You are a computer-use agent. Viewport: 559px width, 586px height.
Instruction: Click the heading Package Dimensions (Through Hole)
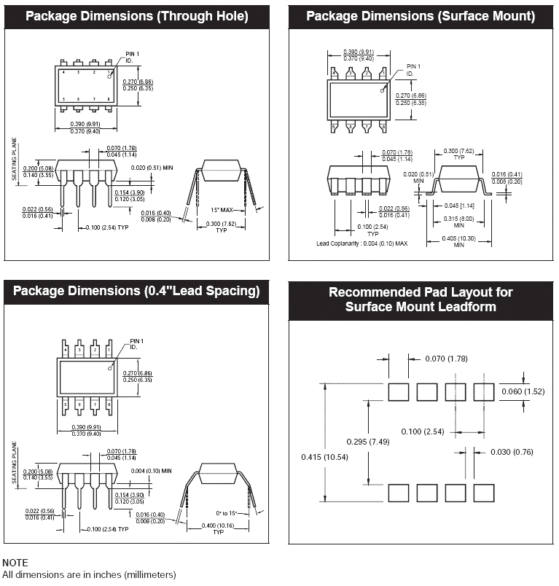(137, 16)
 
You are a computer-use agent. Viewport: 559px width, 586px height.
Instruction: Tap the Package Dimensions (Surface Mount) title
(421, 16)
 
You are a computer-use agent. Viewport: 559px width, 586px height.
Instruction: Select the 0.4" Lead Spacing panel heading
(137, 291)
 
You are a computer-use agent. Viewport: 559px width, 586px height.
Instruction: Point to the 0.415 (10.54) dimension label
(325, 457)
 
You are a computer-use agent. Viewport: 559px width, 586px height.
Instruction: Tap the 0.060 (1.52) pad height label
(523, 391)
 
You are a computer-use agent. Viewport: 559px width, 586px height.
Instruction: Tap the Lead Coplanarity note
(361, 243)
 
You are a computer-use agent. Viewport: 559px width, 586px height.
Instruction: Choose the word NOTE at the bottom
(15, 563)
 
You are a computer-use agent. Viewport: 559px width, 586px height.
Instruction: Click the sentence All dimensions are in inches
(89, 575)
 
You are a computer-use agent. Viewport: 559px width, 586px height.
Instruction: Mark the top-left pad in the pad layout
(398, 391)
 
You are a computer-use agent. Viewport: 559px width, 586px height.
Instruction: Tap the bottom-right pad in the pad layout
(483, 493)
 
